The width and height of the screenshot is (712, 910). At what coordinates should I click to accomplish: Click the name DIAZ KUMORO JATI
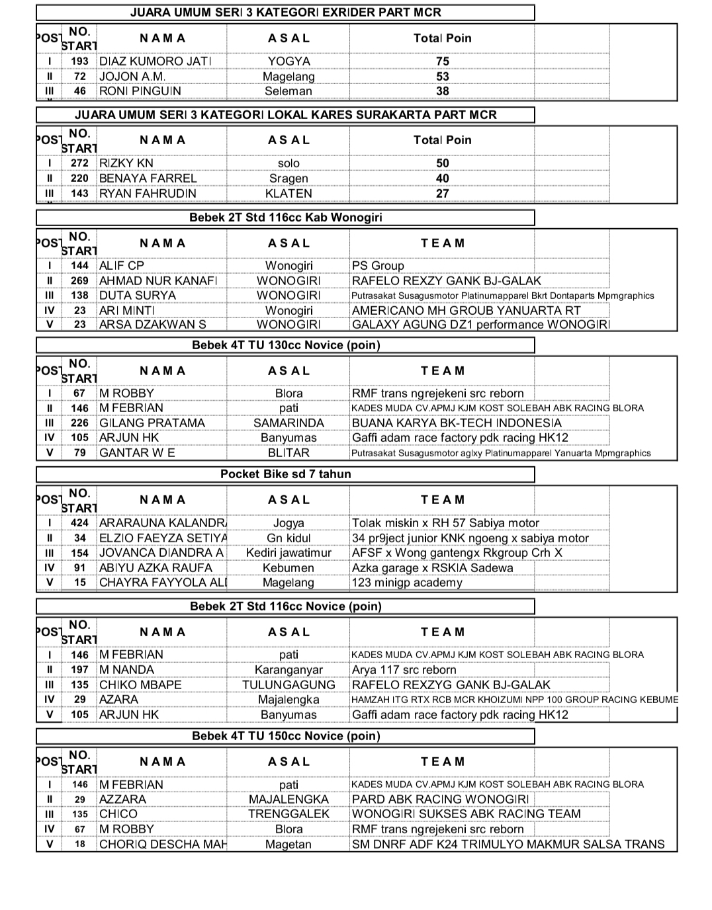pyautogui.click(x=155, y=61)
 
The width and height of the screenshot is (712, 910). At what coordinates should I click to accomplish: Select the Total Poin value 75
pyautogui.click(x=442, y=61)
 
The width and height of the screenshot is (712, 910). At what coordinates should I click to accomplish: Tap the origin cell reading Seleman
pyautogui.click(x=288, y=91)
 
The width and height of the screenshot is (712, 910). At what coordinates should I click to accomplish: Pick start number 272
pyautogui.click(x=79, y=163)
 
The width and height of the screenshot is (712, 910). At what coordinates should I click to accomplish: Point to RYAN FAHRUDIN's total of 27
pyautogui.click(x=442, y=194)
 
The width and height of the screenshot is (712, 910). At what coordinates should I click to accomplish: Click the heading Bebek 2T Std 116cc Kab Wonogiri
pyautogui.click(x=285, y=218)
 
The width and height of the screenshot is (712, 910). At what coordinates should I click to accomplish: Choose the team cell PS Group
pyautogui.click(x=378, y=266)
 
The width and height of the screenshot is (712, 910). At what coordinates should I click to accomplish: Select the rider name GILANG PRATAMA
pyautogui.click(x=152, y=423)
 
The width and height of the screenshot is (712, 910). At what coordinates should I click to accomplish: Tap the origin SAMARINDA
pyautogui.click(x=289, y=423)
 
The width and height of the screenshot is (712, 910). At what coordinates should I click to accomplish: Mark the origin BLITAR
pyautogui.click(x=289, y=453)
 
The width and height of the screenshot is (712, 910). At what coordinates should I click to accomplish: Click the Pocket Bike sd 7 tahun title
pyautogui.click(x=285, y=474)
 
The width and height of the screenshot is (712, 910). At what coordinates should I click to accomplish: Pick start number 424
pyautogui.click(x=79, y=523)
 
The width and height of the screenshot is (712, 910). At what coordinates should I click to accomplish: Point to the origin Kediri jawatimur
pyautogui.click(x=289, y=553)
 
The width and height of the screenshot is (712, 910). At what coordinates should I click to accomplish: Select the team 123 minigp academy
pyautogui.click(x=407, y=583)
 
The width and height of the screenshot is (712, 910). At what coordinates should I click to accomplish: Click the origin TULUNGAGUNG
pyautogui.click(x=289, y=685)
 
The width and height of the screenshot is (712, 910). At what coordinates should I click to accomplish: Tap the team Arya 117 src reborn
pyautogui.click(x=404, y=670)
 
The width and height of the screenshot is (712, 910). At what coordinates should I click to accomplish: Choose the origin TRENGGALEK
pyautogui.click(x=289, y=814)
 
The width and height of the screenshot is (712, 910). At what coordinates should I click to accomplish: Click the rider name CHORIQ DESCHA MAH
pyautogui.click(x=162, y=845)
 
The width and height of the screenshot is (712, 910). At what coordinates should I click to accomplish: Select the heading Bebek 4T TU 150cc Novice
pyautogui.click(x=285, y=736)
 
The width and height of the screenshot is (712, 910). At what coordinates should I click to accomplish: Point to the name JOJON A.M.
pyautogui.click(x=132, y=76)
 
